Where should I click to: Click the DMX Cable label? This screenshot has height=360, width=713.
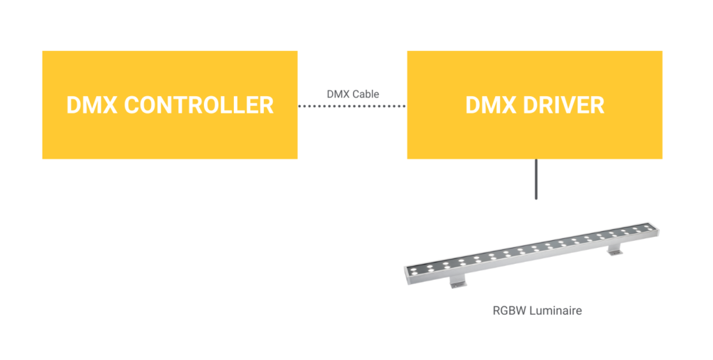[x=352, y=93]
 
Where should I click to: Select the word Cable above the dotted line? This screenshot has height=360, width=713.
[x=366, y=93]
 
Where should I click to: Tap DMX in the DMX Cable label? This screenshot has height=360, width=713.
[x=338, y=93]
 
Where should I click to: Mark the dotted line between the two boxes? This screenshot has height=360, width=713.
[x=352, y=107]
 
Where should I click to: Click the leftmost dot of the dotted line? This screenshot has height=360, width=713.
[x=299, y=107]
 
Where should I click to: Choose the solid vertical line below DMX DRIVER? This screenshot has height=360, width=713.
[x=535, y=180]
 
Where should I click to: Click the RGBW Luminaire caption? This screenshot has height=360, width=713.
[x=536, y=311]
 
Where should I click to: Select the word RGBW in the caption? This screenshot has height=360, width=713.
[x=508, y=311]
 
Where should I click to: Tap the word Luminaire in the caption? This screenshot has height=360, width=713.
[x=554, y=311]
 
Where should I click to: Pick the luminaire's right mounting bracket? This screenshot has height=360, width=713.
[x=615, y=249]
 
